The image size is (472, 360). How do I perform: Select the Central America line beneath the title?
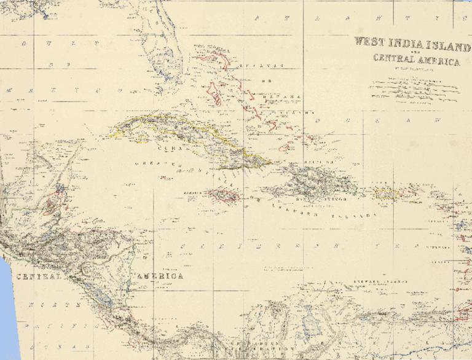[416, 60]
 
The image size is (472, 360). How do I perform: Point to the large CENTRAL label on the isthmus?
[41, 276]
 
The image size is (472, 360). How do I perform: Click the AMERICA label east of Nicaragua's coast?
[160, 276]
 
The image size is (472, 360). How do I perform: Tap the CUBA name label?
[167, 148]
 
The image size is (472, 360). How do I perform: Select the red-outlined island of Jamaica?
[223, 196]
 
